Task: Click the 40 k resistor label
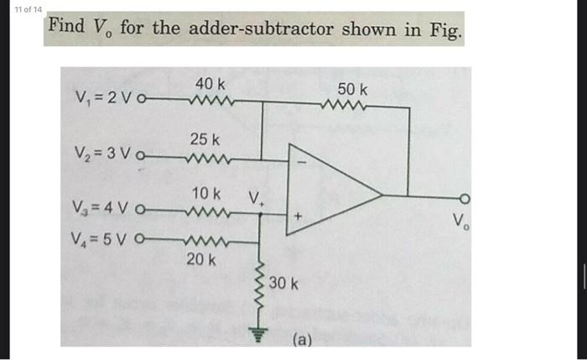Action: (210, 84)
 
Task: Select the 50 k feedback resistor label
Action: (352, 89)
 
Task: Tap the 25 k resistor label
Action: (205, 138)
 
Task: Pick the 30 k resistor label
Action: (284, 285)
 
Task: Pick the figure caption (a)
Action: (302, 341)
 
